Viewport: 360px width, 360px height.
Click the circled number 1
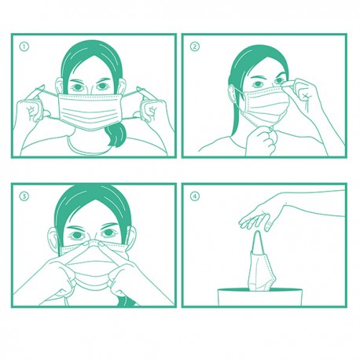tap(24, 47)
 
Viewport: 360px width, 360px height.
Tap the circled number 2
tap(195, 46)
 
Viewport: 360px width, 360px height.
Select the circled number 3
tap(24, 197)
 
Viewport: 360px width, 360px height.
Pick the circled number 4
tap(195, 196)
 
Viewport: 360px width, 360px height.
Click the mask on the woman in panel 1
tap(90, 111)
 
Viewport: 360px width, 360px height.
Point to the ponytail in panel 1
tap(116, 135)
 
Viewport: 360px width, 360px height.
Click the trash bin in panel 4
tap(260, 296)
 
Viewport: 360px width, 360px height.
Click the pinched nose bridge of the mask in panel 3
tap(93, 243)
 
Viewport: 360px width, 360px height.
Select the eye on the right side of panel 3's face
tap(108, 233)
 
